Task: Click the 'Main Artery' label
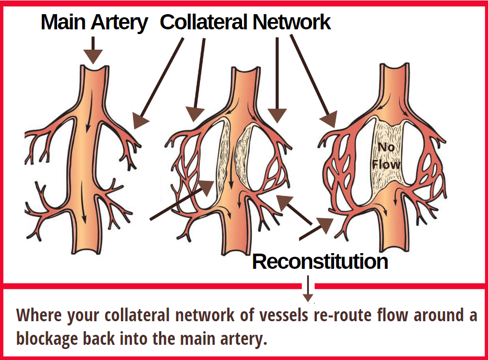[94, 22]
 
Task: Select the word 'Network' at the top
[291, 22]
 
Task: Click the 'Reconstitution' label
[320, 261]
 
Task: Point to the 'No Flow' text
[386, 156]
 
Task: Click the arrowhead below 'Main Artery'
[93, 56]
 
